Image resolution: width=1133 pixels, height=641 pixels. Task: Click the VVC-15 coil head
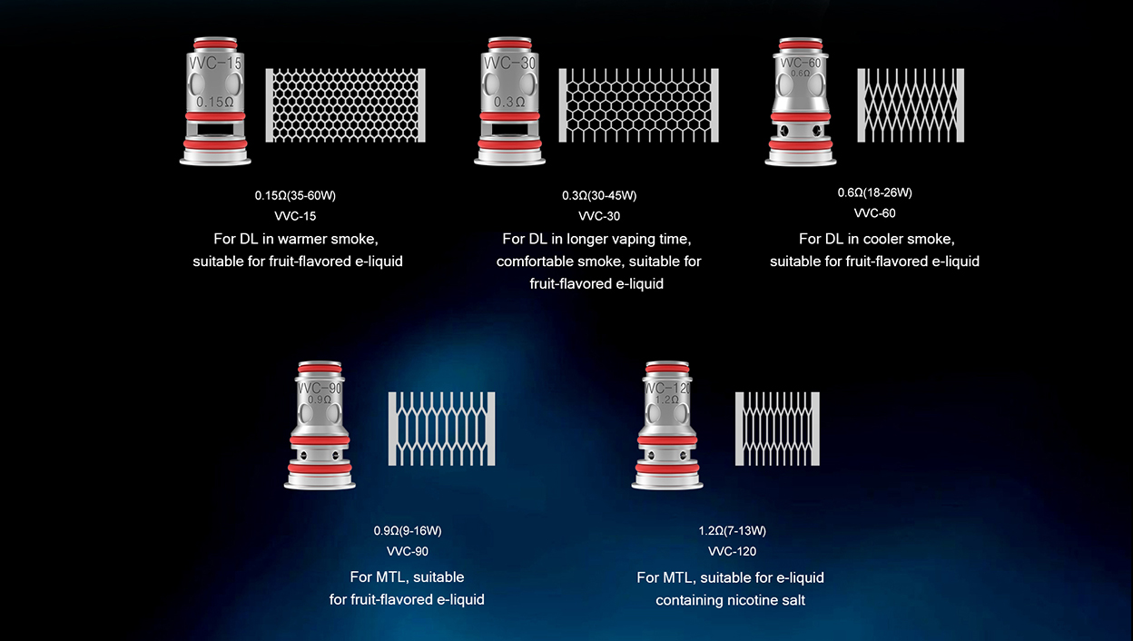(x=215, y=101)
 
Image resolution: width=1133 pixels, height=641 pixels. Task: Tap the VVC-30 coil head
(x=509, y=101)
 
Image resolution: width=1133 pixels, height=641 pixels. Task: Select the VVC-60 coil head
(x=800, y=102)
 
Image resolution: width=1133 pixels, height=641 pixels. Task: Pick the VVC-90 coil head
(x=320, y=426)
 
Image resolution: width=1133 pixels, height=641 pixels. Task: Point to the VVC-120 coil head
(x=667, y=426)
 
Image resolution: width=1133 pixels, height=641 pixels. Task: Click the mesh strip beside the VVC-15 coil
(x=346, y=105)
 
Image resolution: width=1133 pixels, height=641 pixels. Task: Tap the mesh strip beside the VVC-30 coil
(x=639, y=105)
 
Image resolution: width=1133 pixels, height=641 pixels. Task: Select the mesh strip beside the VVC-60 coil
(x=911, y=105)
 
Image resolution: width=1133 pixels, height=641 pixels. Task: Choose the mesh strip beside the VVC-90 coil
(x=441, y=429)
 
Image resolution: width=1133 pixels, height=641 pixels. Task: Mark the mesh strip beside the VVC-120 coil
(x=777, y=429)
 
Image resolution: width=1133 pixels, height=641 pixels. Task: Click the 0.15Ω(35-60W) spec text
(x=295, y=195)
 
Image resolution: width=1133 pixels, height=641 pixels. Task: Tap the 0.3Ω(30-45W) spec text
(x=599, y=195)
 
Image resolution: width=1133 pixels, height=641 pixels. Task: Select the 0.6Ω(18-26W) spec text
(x=875, y=192)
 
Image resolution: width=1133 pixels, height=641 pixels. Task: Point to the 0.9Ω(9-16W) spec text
(x=408, y=531)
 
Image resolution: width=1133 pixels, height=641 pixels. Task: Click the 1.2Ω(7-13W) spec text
(x=733, y=531)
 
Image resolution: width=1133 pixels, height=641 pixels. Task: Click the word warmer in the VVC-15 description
(x=302, y=239)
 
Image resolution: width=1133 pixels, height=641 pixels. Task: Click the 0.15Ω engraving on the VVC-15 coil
(x=215, y=103)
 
